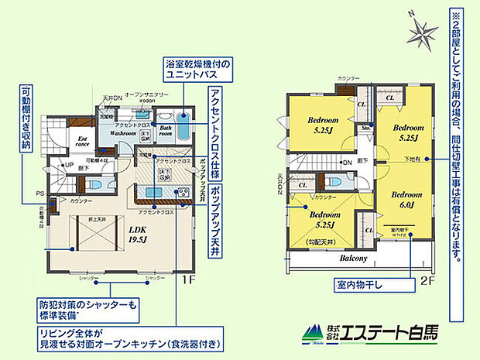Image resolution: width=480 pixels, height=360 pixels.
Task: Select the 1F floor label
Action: (187, 281)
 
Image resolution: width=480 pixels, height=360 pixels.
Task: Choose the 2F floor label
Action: (428, 281)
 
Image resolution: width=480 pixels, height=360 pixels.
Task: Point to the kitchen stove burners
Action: (183, 192)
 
